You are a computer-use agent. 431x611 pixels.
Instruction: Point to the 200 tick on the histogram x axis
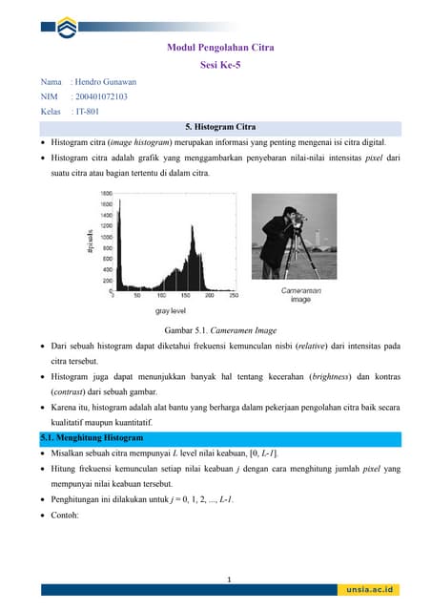point(208,297)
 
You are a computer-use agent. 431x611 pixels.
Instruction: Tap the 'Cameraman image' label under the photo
point(300,294)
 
